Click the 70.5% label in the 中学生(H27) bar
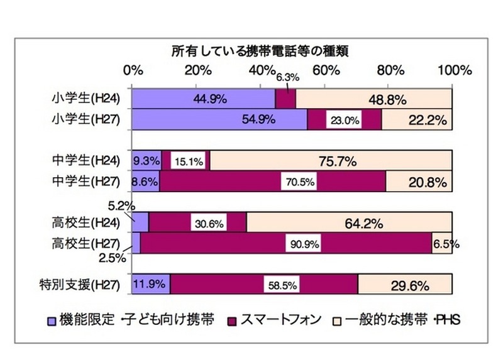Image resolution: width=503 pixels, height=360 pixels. (299, 182)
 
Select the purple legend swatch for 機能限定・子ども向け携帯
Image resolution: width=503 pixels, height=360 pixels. (52, 321)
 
